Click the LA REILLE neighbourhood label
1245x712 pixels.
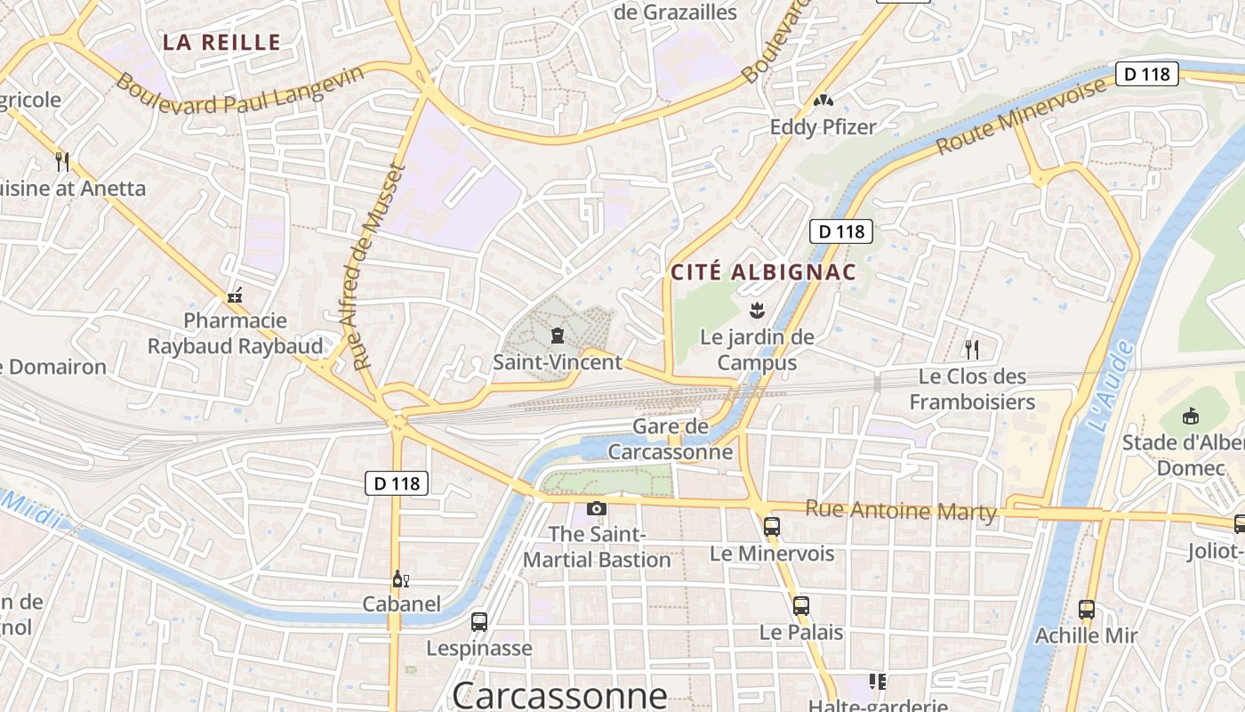(x=221, y=42)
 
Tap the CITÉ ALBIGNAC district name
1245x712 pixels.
(x=763, y=272)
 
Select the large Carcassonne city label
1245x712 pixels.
(x=559, y=694)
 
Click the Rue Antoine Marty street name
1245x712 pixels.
(x=901, y=511)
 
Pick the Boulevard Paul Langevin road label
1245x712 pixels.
(x=240, y=90)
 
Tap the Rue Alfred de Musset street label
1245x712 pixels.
(x=379, y=267)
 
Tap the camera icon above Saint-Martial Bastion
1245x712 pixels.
(x=597, y=508)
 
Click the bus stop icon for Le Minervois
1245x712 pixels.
(x=772, y=526)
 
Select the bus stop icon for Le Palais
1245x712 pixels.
(x=801, y=606)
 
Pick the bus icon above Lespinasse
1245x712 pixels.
(x=479, y=621)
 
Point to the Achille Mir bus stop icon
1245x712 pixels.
(x=1086, y=610)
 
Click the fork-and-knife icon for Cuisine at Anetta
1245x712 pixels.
(x=62, y=161)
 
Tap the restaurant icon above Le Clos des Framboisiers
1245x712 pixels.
(x=972, y=349)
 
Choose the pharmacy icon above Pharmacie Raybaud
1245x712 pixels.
(x=235, y=295)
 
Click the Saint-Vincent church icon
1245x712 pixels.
(x=558, y=336)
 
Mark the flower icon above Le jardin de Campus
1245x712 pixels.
(x=757, y=311)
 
